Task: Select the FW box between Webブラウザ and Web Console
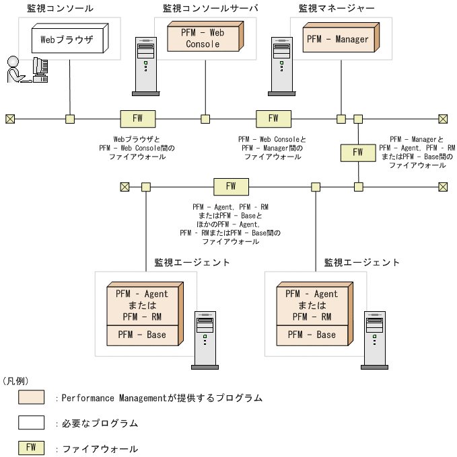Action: (137, 119)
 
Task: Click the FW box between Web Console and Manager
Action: (273, 119)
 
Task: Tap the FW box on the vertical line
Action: (358, 153)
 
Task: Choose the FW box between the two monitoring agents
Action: (231, 187)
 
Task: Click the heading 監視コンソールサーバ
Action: (211, 9)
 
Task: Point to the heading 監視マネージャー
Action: (337, 9)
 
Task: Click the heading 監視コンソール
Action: (61, 9)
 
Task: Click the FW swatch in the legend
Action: (31, 448)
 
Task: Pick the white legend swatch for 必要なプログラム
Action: (31, 423)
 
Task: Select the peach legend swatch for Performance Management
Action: (31, 397)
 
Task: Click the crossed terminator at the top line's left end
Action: (10, 119)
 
